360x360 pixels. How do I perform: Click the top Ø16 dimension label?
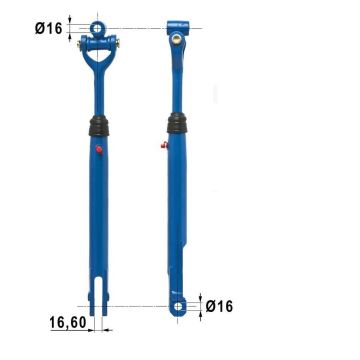pyautogui.click(x=49, y=29)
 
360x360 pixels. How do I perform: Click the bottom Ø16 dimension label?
pyautogui.click(x=219, y=306)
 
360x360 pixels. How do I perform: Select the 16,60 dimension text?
pyautogui.click(x=68, y=322)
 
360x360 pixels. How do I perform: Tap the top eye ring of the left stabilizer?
pyautogui.click(x=97, y=28)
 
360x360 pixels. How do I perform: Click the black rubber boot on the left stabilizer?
pyautogui.click(x=99, y=126)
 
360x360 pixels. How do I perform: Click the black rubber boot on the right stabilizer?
pyautogui.click(x=177, y=123)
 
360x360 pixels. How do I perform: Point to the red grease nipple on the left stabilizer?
pyautogui.click(x=99, y=149)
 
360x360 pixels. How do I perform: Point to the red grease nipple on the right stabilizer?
pyautogui.click(x=164, y=145)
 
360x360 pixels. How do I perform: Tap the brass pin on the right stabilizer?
pyautogui.click(x=177, y=40)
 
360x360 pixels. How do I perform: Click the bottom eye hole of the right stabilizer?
pyautogui.click(x=179, y=306)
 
